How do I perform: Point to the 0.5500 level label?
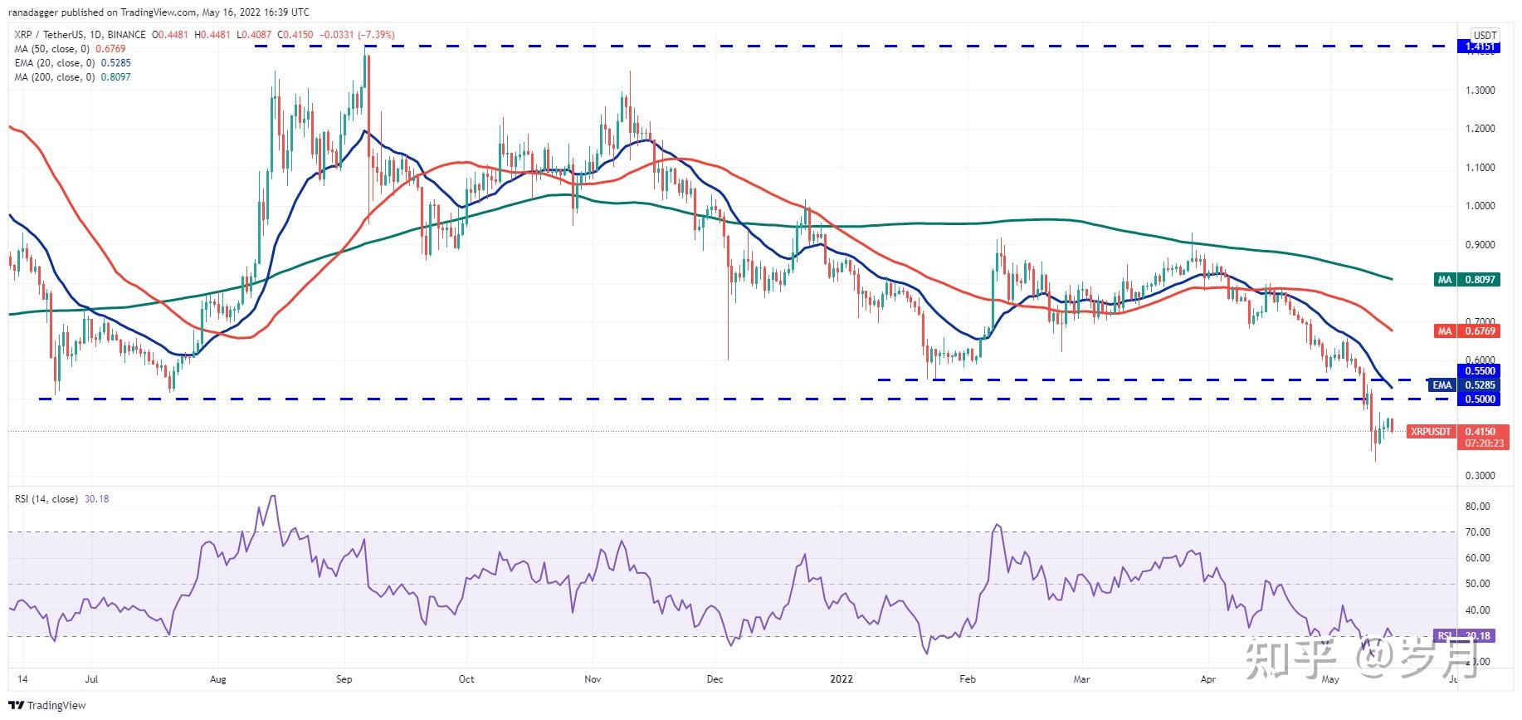tap(1480, 371)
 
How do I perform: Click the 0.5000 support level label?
tap(1480, 399)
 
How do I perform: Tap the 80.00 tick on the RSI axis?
tap(1477, 507)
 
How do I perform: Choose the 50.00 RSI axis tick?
tap(1477, 584)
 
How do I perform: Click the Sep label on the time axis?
tap(344, 679)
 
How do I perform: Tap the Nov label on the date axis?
tap(593, 679)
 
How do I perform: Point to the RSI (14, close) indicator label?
tap(46, 499)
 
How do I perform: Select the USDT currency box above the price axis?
tap(1484, 35)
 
